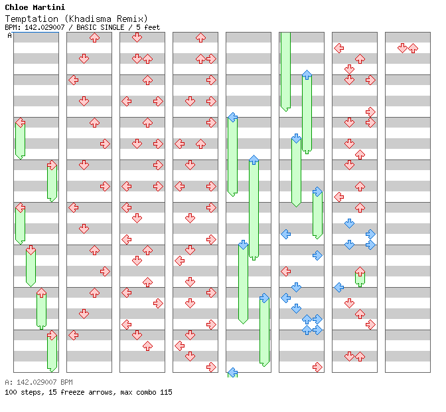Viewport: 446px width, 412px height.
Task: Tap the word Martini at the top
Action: (50, 7)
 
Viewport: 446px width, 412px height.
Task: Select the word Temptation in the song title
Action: (28, 19)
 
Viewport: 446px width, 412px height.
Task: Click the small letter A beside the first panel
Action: (10, 36)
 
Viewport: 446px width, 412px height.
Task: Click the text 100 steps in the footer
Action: (21, 392)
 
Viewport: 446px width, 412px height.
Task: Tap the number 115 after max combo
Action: (165, 392)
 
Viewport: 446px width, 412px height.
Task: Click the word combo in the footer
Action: (145, 392)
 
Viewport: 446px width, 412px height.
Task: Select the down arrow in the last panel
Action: (402, 48)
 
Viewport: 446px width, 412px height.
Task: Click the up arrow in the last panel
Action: (413, 48)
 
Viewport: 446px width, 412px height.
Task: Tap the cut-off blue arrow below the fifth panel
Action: (232, 373)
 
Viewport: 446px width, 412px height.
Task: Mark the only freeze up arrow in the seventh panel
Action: (360, 272)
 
